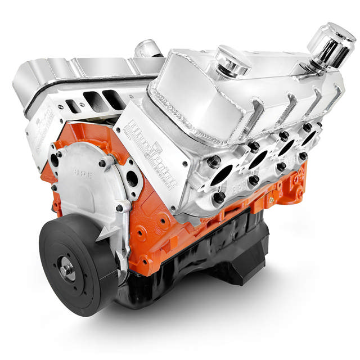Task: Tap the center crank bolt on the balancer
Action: pos(67,270)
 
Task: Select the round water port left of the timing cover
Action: pos(55,160)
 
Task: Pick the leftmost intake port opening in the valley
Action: pos(71,105)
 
